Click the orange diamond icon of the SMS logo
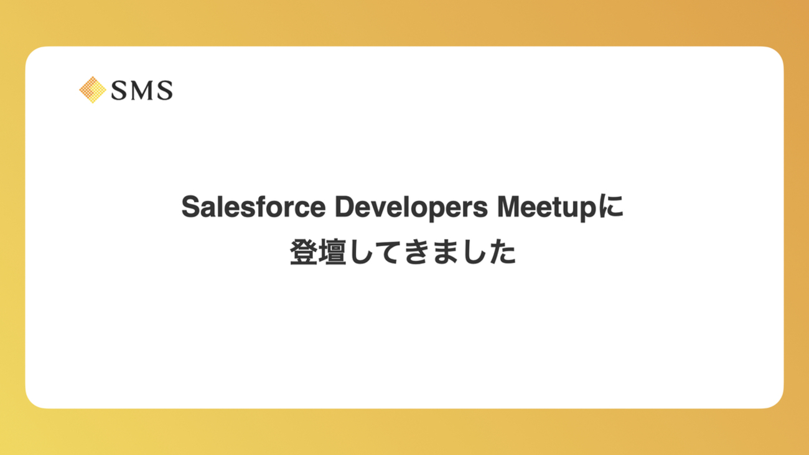pos(93,90)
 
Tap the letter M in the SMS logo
pos(141,90)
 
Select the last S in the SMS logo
pos(165,90)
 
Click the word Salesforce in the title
pos(253,207)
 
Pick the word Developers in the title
pos(411,209)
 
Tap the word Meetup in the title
pos(547,209)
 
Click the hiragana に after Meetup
pos(610,206)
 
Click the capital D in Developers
pos(345,207)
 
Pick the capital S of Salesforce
pos(190,207)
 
